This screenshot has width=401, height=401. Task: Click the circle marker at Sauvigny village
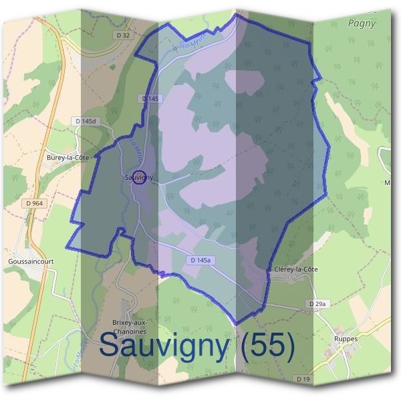click(139, 177)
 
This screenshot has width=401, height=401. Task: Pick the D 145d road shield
click(86, 121)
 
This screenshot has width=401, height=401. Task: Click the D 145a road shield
click(200, 260)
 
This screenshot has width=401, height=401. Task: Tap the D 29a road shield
click(319, 304)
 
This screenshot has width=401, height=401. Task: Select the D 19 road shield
click(303, 379)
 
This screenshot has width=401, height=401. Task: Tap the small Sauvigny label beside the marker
click(138, 178)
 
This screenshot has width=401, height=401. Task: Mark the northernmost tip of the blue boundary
click(236, 13)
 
